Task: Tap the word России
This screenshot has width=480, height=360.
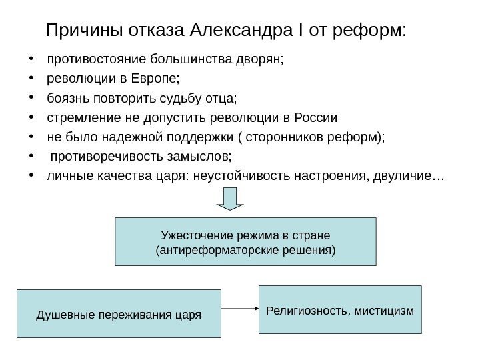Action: pos(315,119)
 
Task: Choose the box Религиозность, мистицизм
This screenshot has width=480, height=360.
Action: pos(340,309)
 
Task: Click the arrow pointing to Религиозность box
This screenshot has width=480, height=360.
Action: pos(239,309)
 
